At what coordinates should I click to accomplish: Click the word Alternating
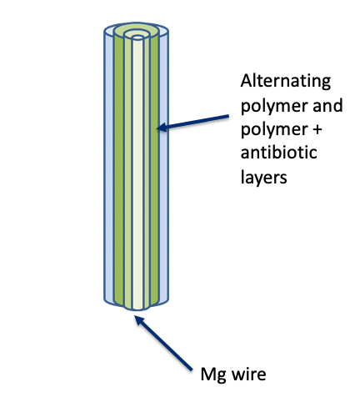(x=286, y=81)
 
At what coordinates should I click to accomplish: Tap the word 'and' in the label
(x=327, y=105)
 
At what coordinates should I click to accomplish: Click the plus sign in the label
(x=317, y=129)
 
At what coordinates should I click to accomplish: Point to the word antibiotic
(x=278, y=153)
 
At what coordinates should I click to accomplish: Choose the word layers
(x=263, y=177)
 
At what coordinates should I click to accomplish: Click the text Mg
(x=213, y=374)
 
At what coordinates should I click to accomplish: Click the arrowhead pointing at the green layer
(x=162, y=128)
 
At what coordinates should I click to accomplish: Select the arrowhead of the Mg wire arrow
(x=139, y=320)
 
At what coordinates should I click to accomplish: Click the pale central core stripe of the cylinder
(x=137, y=173)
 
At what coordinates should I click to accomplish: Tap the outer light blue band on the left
(x=109, y=167)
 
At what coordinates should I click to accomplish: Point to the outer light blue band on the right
(x=163, y=167)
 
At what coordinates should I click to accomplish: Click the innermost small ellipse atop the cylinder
(x=137, y=38)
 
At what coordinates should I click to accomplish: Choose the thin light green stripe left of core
(x=128, y=173)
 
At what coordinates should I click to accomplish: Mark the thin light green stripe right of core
(x=146, y=173)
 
